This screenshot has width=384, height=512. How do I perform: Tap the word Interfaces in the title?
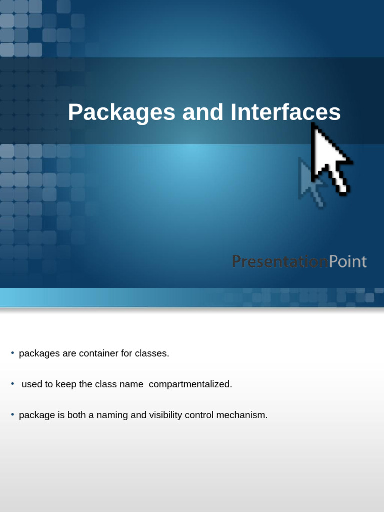pyautogui.click(x=285, y=113)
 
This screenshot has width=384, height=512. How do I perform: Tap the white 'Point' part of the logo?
pyautogui.click(x=348, y=261)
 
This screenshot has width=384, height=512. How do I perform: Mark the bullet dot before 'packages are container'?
pyautogui.click(x=13, y=353)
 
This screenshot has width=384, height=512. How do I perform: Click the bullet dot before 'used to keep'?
pyautogui.click(x=13, y=384)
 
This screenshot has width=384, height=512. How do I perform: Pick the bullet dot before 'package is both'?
pyautogui.click(x=13, y=415)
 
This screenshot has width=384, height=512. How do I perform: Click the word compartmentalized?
pyautogui.click(x=190, y=385)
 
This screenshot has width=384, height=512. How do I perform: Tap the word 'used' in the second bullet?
pyautogui.click(x=31, y=385)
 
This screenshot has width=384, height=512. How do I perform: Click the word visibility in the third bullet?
pyautogui.click(x=166, y=416)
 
